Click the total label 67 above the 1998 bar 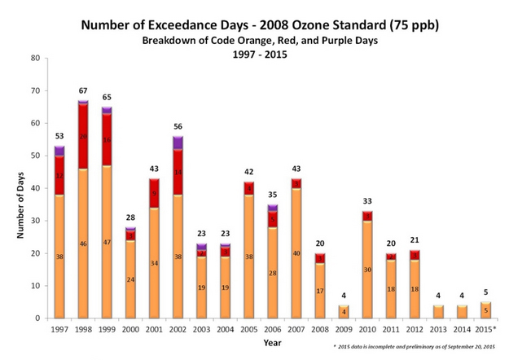pyautogui.click(x=82, y=90)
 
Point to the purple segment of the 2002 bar pyautogui.click(x=178, y=143)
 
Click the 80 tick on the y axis pyautogui.click(x=34, y=58)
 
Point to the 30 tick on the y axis pyautogui.click(x=34, y=221)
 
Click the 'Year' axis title pyautogui.click(x=273, y=343)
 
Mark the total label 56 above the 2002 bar pyautogui.click(x=178, y=126)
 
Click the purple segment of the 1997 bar pyautogui.click(x=59, y=151)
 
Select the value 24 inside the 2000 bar pyautogui.click(x=130, y=279)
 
